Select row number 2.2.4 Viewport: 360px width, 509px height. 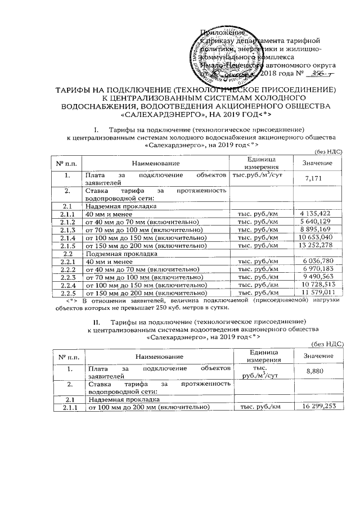tap(67, 285)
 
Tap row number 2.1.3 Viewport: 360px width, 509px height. tap(67, 230)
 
